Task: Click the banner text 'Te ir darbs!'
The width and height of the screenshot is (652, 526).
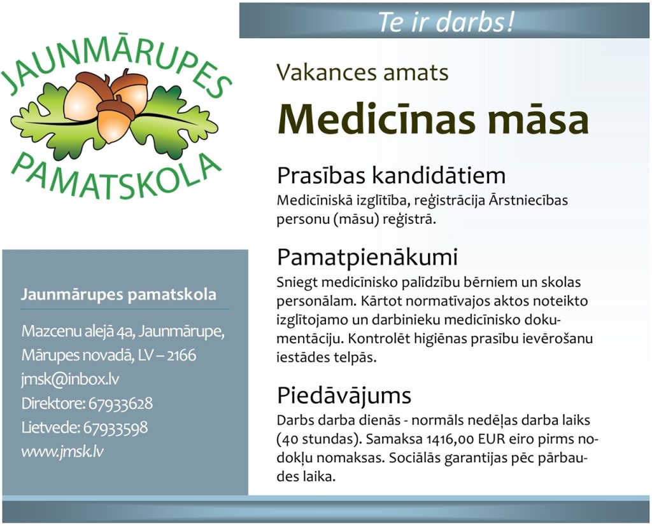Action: point(446,22)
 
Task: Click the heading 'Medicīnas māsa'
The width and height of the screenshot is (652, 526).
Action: point(433,118)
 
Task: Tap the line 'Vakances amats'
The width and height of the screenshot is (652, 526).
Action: point(362,73)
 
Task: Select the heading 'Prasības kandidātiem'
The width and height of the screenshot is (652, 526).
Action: point(392,175)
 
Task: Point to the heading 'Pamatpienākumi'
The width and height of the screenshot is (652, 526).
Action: point(367,257)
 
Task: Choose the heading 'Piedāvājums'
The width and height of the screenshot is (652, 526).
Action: point(344,395)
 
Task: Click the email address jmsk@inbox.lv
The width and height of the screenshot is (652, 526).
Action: point(70,379)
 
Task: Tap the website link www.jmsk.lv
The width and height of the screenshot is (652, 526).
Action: point(62,452)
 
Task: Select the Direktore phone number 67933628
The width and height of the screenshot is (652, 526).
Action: point(120,403)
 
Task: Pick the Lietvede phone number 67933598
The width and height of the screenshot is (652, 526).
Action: point(116,427)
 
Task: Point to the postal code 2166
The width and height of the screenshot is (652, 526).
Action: point(181,356)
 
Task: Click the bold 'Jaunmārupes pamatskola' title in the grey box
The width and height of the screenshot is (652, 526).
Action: point(118,294)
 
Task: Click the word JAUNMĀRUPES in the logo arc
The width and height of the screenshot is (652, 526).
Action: point(117,62)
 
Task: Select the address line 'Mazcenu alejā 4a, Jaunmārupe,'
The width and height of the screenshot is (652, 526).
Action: point(123,331)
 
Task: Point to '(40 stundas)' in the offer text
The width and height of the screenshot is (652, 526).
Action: point(320,439)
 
